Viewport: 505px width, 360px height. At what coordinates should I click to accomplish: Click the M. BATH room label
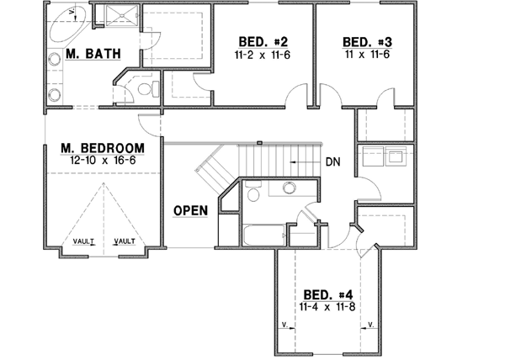pos(93,55)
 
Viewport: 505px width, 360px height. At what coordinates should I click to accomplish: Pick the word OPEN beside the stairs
pos(190,210)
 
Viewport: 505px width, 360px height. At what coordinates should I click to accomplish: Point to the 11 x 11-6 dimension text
pos(368,55)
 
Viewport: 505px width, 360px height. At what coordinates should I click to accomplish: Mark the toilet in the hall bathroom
pos(252,194)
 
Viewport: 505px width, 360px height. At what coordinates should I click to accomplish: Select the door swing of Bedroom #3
pos(383,99)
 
